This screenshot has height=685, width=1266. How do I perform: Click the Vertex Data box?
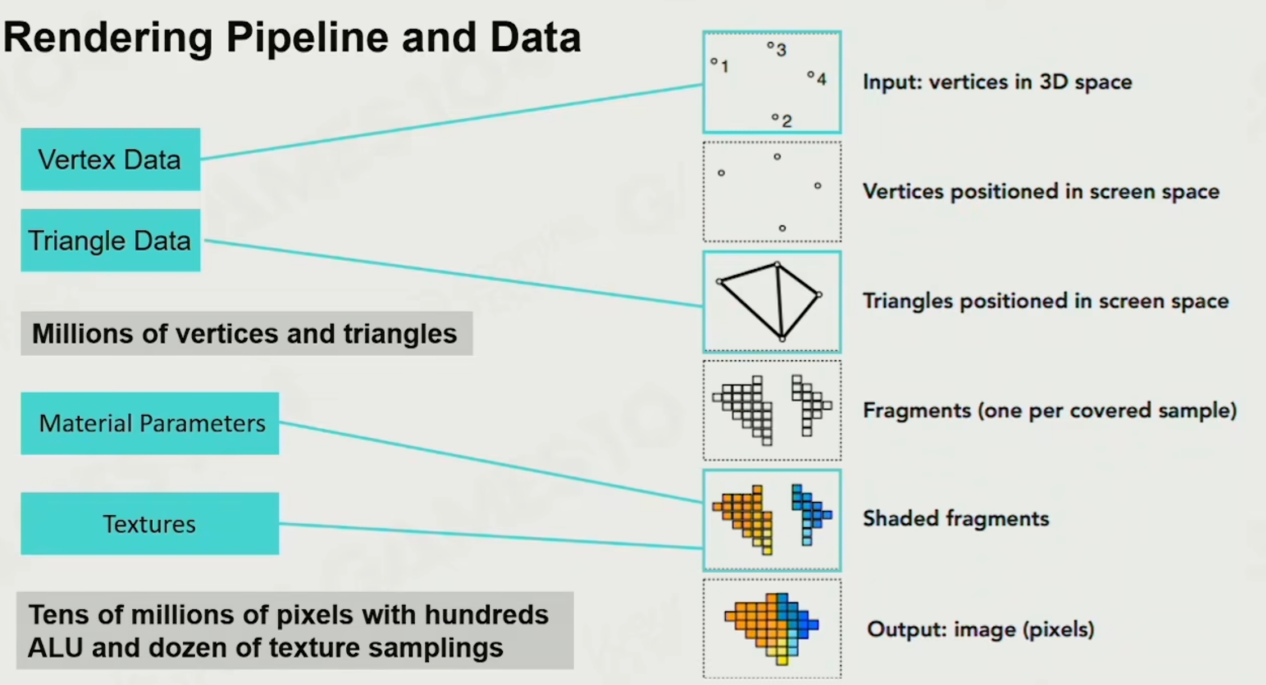[110, 160]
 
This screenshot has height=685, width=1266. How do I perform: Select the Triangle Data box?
[110, 240]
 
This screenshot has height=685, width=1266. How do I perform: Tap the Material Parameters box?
[150, 423]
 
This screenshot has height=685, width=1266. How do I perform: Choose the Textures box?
[150, 524]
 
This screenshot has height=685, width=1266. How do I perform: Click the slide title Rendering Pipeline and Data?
[292, 38]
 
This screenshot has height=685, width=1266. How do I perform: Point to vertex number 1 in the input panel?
[714, 61]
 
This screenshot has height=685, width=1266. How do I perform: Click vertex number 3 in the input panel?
[770, 45]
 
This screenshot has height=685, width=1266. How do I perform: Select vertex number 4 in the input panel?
[811, 74]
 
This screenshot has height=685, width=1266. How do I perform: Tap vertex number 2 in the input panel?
[775, 117]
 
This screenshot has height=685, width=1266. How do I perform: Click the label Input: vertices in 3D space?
[997, 82]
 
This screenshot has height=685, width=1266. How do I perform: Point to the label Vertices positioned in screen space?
[1041, 192]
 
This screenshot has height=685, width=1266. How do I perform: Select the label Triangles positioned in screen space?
[1045, 301]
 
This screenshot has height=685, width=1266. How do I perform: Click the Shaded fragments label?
[956, 519]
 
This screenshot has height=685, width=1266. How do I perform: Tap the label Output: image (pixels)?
[980, 630]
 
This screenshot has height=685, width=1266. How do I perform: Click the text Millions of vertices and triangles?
[244, 334]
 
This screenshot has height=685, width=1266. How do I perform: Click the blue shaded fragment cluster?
[809, 509]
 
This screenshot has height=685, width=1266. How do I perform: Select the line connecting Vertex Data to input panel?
[453, 122]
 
